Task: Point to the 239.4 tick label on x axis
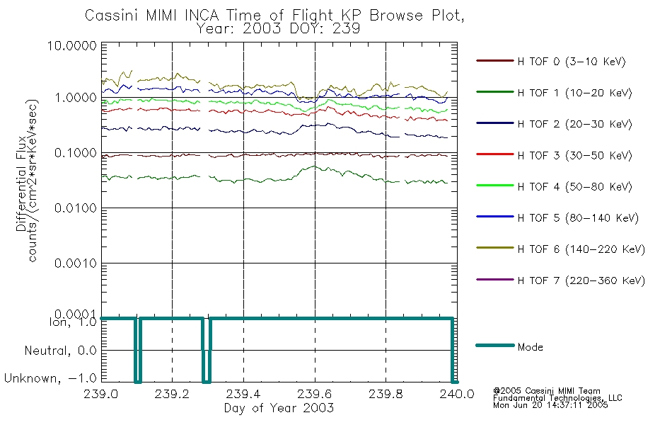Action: (243, 395)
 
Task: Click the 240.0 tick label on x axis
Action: (456, 395)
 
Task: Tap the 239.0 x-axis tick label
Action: (102, 395)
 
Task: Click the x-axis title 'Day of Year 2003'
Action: (279, 408)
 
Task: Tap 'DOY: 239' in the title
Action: (325, 29)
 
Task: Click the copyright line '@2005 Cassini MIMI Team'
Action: (547, 391)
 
